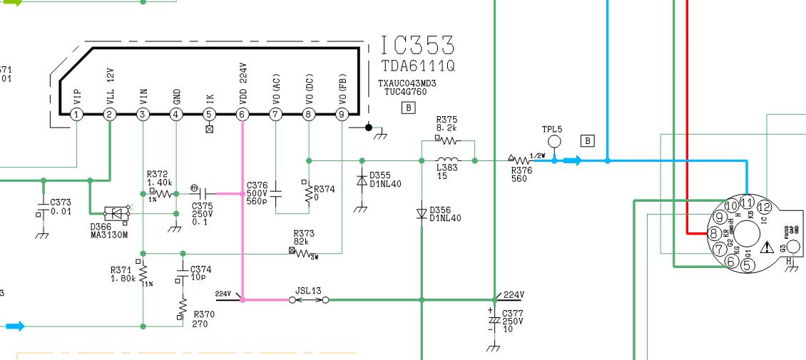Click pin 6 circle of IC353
[x=243, y=114]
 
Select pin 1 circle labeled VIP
[x=76, y=114]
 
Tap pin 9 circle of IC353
[x=342, y=114]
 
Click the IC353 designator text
[x=417, y=46]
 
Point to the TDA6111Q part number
[x=418, y=66]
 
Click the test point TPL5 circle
[x=554, y=143]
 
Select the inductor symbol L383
[x=448, y=160]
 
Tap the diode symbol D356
[x=421, y=213]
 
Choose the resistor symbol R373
[x=304, y=252]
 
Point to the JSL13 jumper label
[x=308, y=291]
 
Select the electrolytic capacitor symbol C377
[x=494, y=320]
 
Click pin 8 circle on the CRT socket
[x=713, y=232]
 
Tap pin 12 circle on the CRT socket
[x=764, y=207]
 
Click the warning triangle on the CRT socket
[x=767, y=248]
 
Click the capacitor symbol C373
[x=42, y=212]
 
